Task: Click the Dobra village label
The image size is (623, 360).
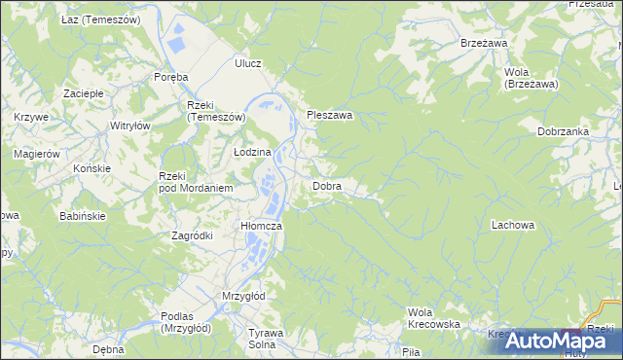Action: pyautogui.click(x=326, y=185)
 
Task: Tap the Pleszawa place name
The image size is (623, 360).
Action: pyautogui.click(x=329, y=115)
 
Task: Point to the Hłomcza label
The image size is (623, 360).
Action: pyautogui.click(x=261, y=226)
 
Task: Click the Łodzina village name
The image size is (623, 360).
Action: pyautogui.click(x=252, y=153)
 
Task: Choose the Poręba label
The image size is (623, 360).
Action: pyautogui.click(x=170, y=77)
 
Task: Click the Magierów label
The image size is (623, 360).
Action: pyautogui.click(x=37, y=154)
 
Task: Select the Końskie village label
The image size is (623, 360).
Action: pyautogui.click(x=92, y=167)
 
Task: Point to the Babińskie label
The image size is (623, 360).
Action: pyautogui.click(x=83, y=215)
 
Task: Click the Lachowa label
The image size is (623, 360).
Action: pyautogui.click(x=513, y=225)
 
